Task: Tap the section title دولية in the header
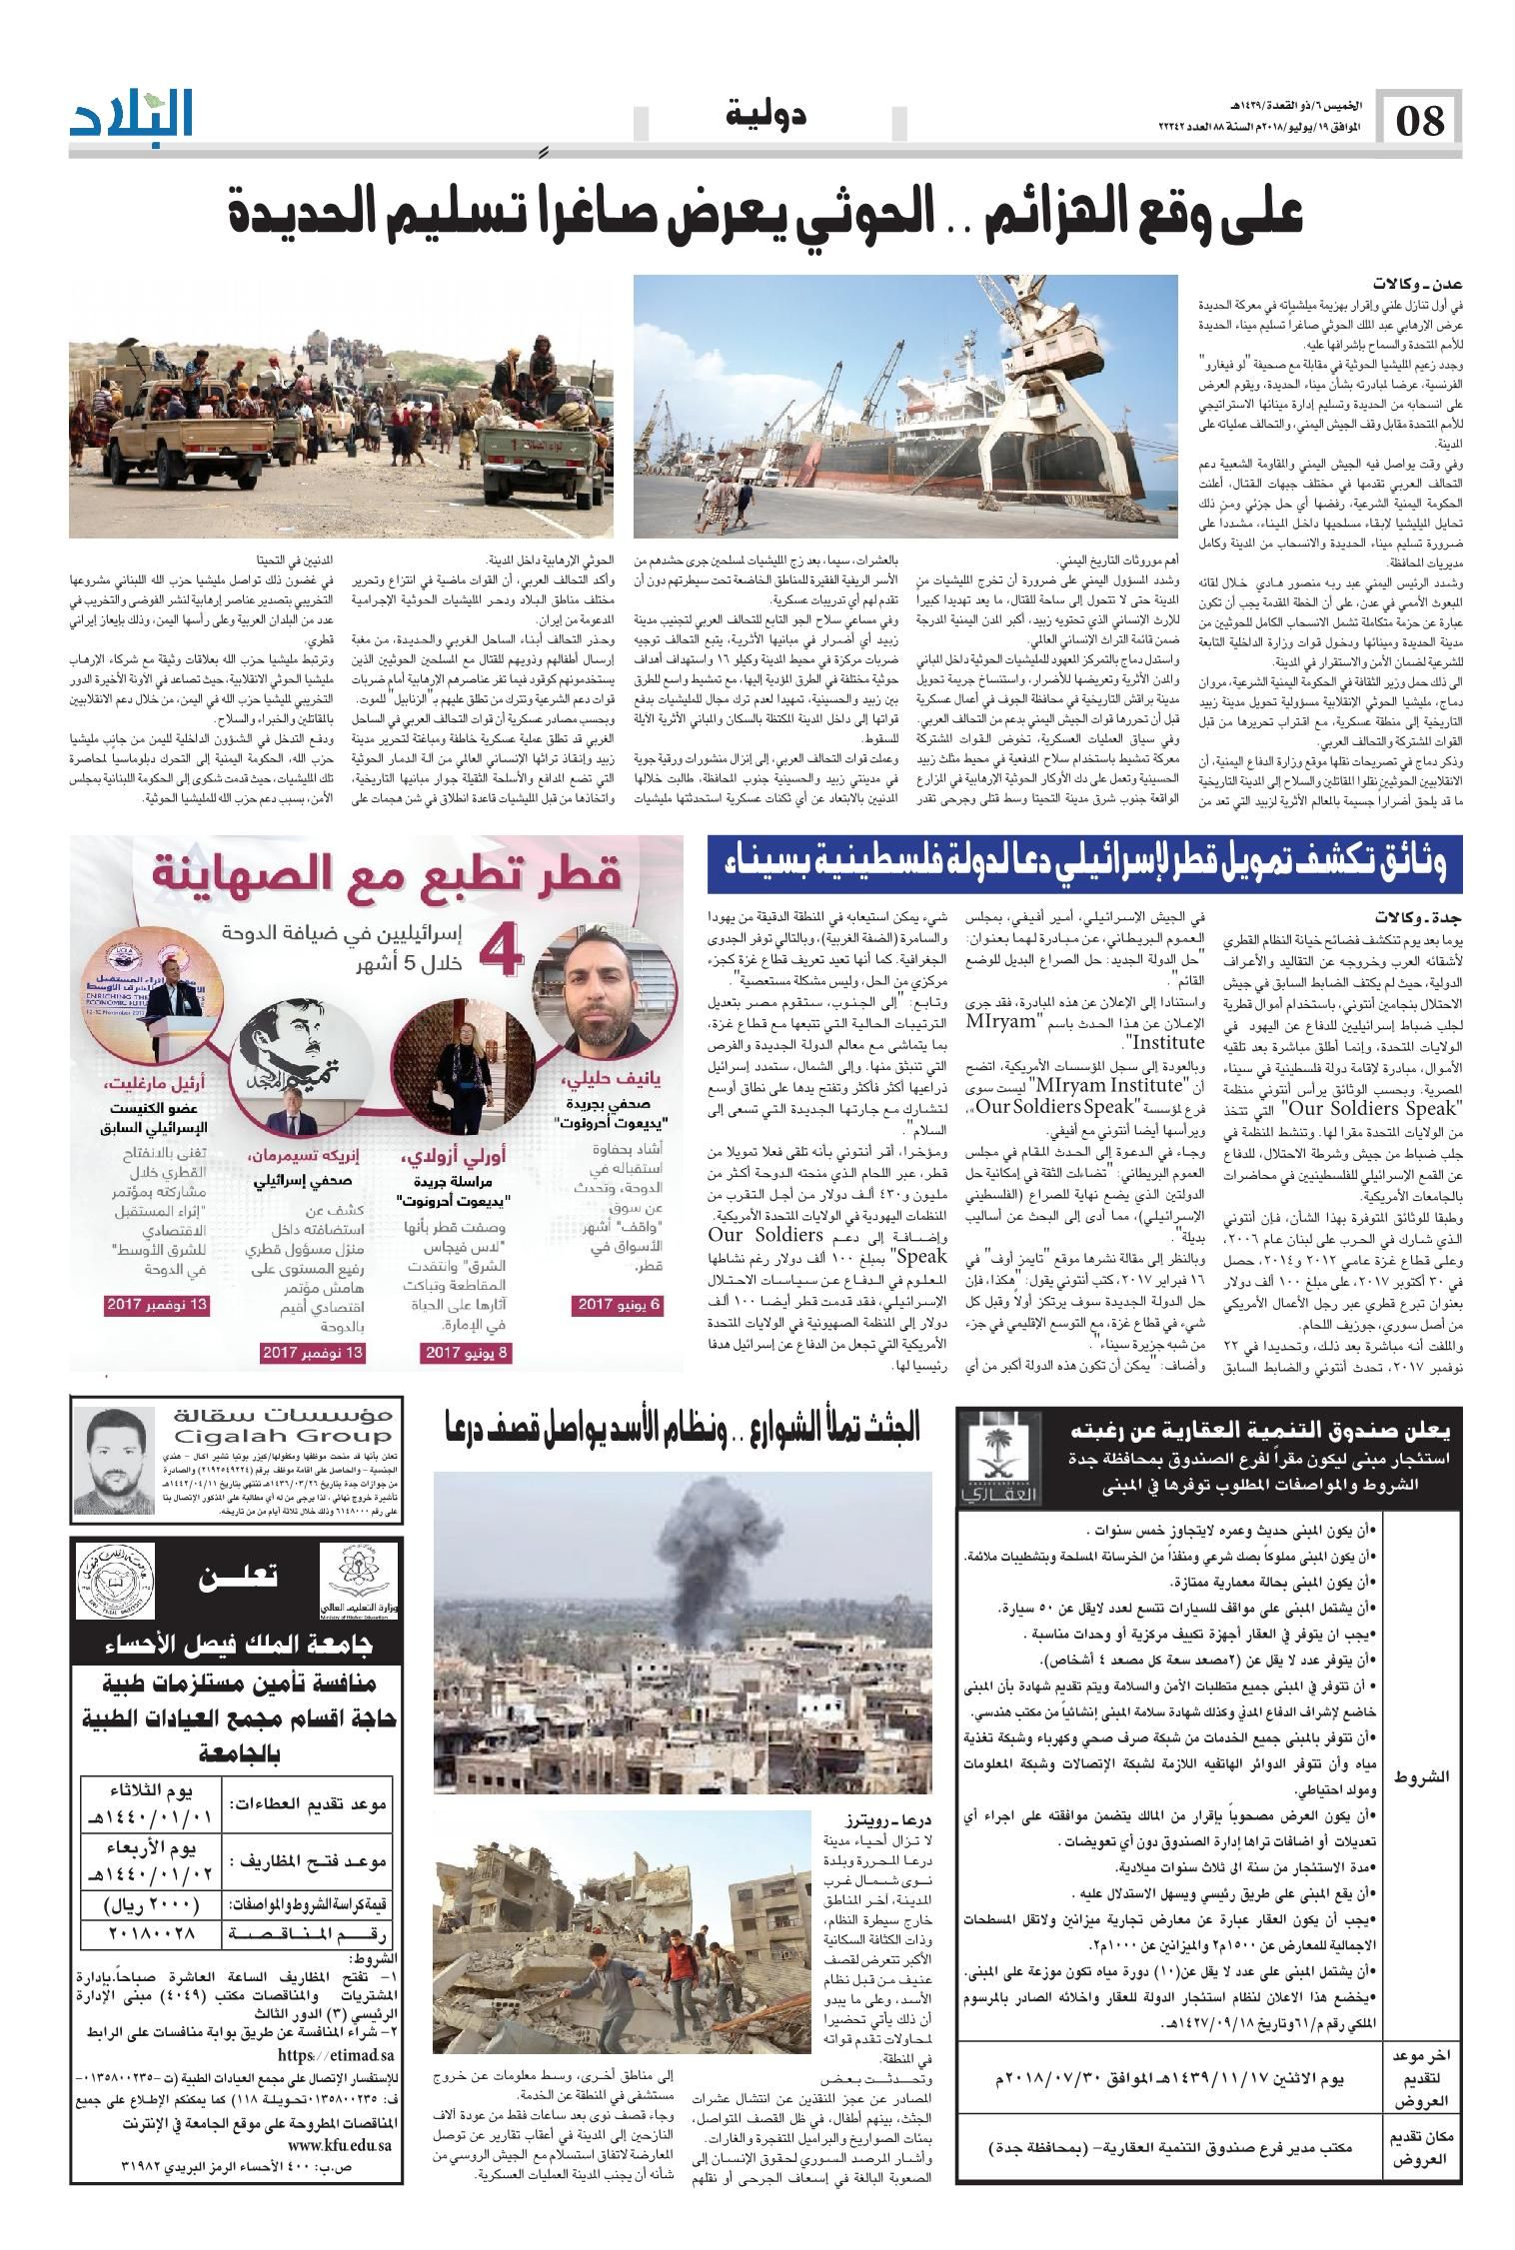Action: pyautogui.click(x=764, y=117)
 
